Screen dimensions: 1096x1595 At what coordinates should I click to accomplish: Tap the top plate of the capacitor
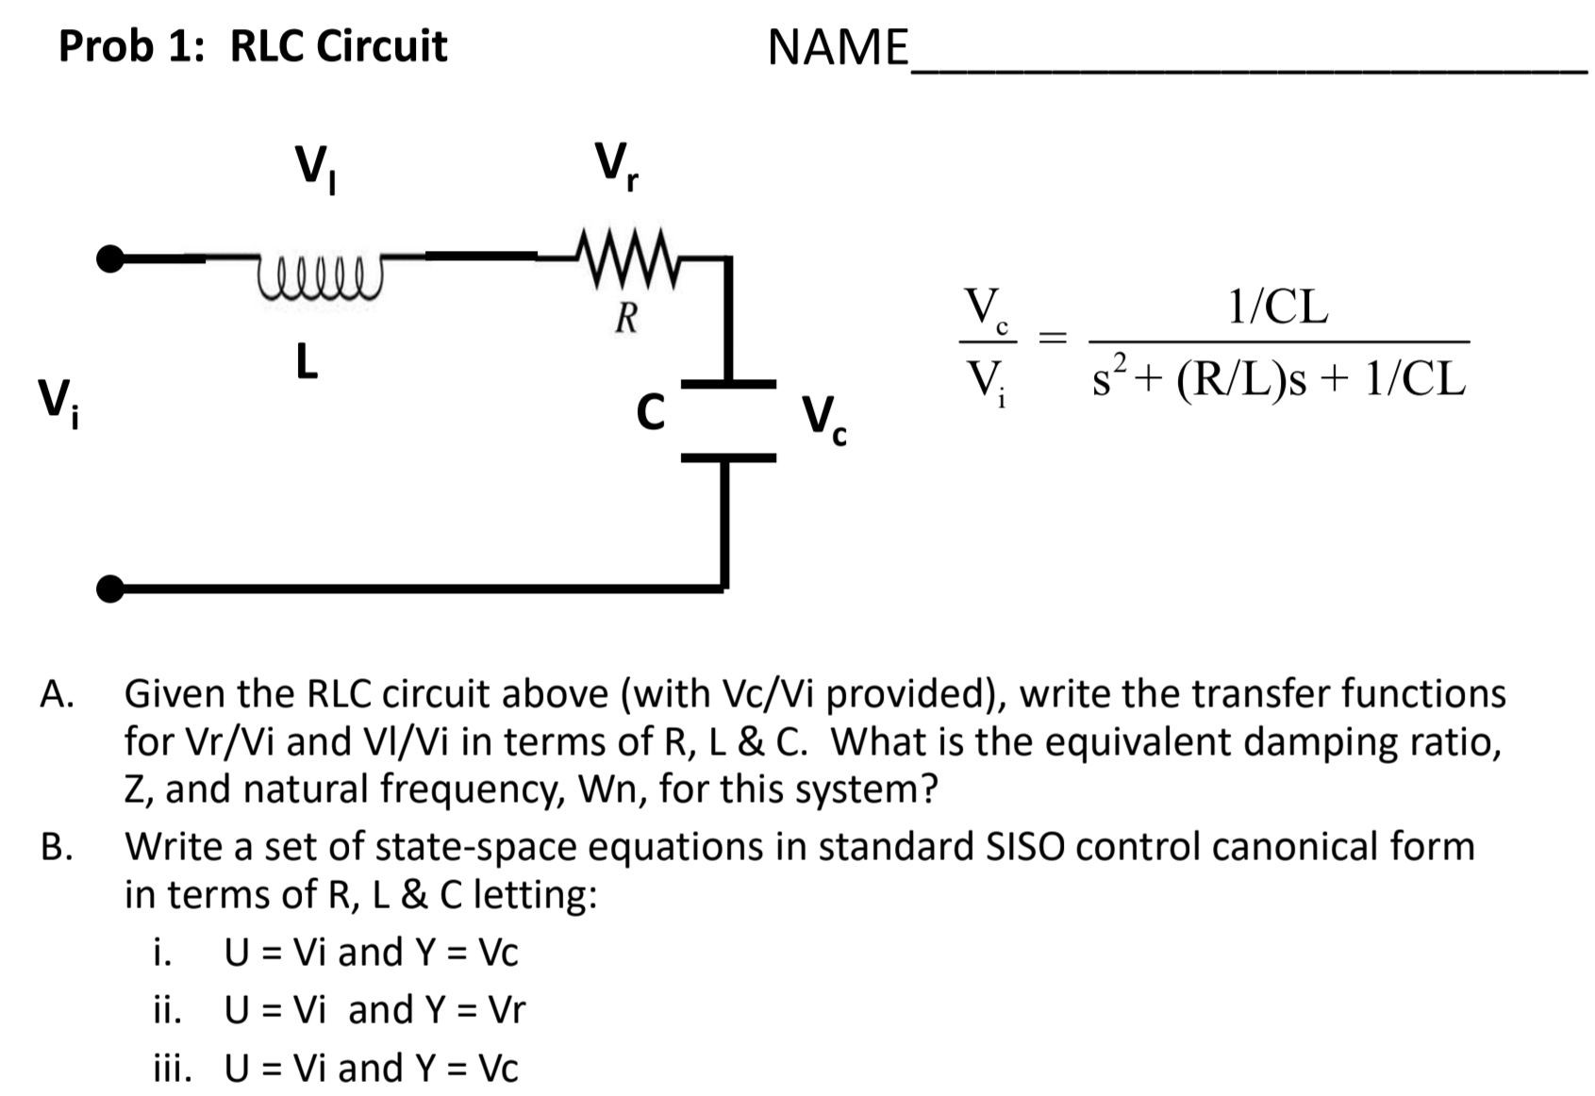click(x=727, y=384)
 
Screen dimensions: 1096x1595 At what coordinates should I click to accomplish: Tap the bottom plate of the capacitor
click(x=727, y=457)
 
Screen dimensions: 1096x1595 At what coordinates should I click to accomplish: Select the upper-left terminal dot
click(x=110, y=258)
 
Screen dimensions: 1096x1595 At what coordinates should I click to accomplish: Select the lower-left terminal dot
click(x=110, y=590)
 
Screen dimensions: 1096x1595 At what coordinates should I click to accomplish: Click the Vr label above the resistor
click(x=616, y=166)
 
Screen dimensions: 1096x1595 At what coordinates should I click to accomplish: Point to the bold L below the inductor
click(x=306, y=361)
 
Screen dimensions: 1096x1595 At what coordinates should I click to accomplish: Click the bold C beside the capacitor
click(x=650, y=412)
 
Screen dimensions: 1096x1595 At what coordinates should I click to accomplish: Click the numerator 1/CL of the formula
click(x=1278, y=307)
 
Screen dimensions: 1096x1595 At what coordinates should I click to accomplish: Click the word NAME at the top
click(x=838, y=47)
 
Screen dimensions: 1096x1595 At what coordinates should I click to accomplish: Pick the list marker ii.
click(x=167, y=1010)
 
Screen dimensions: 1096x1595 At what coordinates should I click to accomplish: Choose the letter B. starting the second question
click(x=57, y=846)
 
